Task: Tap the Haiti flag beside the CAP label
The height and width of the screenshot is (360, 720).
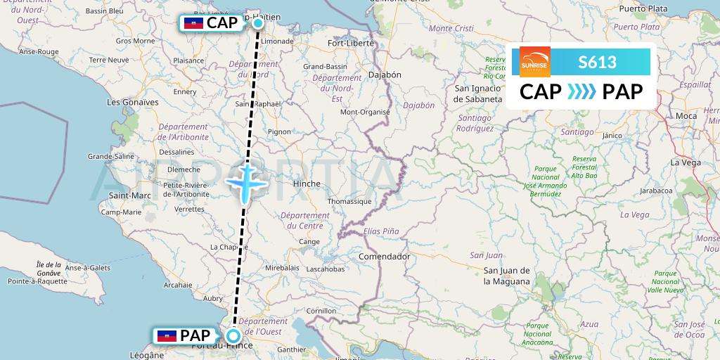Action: pyautogui.click(x=193, y=23)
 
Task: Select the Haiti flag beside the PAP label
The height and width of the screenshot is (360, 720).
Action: pyautogui.click(x=167, y=335)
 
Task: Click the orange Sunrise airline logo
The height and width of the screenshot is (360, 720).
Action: pyautogui.click(x=534, y=61)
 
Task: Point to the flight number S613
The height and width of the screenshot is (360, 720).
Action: pyautogui.click(x=597, y=62)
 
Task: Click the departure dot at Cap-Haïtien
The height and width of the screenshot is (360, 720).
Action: pyautogui.click(x=258, y=23)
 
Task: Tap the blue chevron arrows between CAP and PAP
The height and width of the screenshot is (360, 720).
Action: pyautogui.click(x=581, y=92)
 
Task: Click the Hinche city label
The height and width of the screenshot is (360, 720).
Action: pyautogui.click(x=306, y=184)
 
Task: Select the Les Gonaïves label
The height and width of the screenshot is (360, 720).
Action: pyautogui.click(x=132, y=102)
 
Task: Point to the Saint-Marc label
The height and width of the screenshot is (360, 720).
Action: pyautogui.click(x=125, y=195)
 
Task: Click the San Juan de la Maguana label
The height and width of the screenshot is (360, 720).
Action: pyautogui.click(x=506, y=276)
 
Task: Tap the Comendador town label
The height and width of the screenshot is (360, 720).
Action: pyautogui.click(x=384, y=257)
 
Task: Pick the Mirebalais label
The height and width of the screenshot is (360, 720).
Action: pyautogui.click(x=282, y=268)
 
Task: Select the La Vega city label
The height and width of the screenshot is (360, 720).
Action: pyautogui.click(x=685, y=162)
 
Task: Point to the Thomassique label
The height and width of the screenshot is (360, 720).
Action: pyautogui.click(x=349, y=201)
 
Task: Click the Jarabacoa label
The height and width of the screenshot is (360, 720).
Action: pyautogui.click(x=657, y=191)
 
